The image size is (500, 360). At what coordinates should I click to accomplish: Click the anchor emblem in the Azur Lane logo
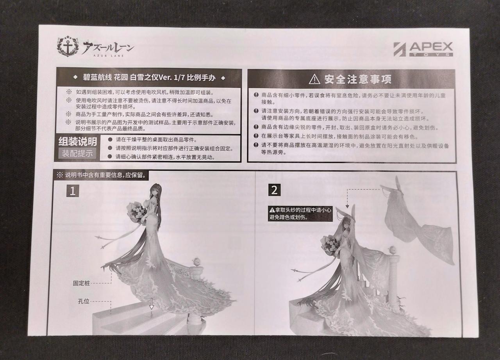click(68, 46)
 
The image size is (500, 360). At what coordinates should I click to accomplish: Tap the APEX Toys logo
click(423, 49)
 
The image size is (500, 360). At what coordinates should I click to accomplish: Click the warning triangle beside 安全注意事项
click(314, 79)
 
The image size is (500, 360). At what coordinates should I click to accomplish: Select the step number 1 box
click(73, 191)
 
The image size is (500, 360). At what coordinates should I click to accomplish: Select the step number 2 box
click(274, 190)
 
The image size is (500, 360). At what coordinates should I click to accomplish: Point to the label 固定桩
click(81, 283)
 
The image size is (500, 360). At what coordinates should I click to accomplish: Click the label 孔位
click(84, 301)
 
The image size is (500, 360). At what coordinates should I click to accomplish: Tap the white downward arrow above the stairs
click(152, 304)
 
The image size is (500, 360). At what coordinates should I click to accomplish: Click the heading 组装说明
click(78, 141)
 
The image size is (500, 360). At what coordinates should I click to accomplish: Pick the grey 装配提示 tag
click(77, 153)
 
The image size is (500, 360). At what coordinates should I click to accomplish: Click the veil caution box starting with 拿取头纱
click(300, 214)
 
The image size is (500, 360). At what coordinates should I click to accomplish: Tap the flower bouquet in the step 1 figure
click(136, 212)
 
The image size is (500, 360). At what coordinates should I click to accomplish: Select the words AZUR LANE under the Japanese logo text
click(109, 55)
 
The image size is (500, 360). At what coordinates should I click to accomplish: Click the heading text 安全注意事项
click(358, 79)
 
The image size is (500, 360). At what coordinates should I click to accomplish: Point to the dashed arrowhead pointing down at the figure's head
click(347, 206)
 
